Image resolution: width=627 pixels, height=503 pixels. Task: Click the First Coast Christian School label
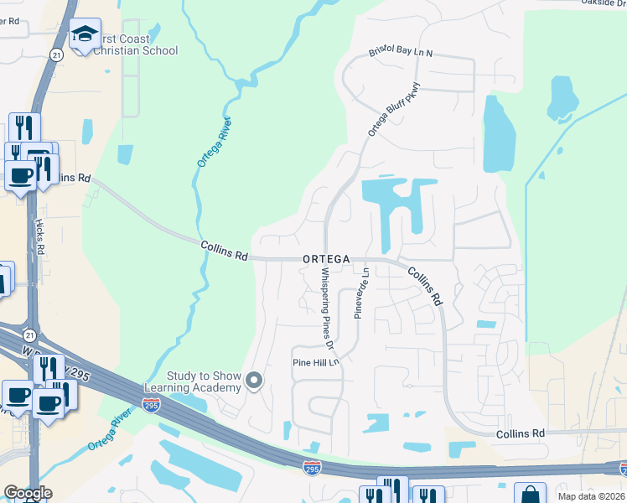pos(134,44)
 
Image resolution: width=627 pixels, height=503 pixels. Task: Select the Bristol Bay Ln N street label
pos(401,53)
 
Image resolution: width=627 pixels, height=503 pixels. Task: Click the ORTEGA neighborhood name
pos(326,260)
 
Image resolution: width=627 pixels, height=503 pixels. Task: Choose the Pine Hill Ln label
pos(315,362)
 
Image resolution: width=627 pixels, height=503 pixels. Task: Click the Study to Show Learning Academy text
pos(192,381)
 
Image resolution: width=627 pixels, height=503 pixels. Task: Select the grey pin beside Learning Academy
pos(256,382)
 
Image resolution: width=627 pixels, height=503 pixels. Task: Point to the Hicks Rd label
pos(39,237)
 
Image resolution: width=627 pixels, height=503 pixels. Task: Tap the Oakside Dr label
pos(603,3)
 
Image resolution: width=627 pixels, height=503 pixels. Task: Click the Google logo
pos(28,493)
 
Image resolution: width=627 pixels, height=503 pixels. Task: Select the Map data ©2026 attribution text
pos(592,495)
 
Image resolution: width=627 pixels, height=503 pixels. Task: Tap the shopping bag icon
pos(529,495)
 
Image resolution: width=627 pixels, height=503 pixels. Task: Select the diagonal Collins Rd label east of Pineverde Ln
pos(425,286)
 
